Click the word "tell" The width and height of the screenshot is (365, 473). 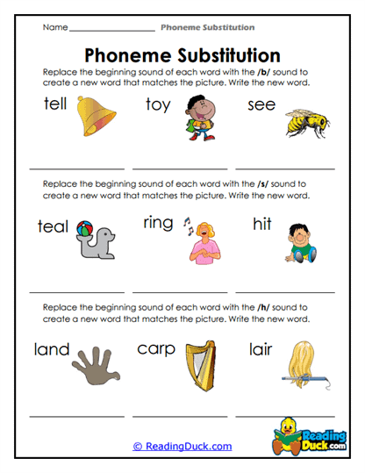point(56,104)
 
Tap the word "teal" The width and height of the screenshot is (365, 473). point(53,226)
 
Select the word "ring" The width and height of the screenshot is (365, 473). point(159,224)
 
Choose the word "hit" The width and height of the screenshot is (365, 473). point(262,226)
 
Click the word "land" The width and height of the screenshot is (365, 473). point(52,350)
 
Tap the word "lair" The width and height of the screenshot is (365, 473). point(261,349)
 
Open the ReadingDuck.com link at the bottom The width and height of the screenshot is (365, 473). point(182,446)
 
